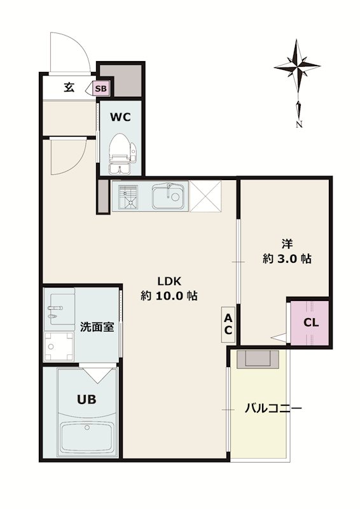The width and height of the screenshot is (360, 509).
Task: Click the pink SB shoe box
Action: click(x=100, y=88)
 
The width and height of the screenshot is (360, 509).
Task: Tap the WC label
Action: click(x=120, y=117)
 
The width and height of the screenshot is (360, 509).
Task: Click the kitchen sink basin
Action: click(x=170, y=197)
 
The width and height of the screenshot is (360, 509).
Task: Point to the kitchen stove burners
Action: click(x=128, y=197)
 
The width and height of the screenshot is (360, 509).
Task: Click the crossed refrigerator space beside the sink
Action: click(x=205, y=197)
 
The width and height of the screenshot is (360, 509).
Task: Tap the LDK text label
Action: click(x=169, y=281)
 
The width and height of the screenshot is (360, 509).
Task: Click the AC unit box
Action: click(x=228, y=324)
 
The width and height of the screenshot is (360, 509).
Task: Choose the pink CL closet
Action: click(x=310, y=323)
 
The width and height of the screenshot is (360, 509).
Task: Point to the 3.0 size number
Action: click(x=287, y=259)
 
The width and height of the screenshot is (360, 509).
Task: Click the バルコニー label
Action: click(x=273, y=408)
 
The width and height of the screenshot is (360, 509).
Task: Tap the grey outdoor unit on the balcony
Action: click(x=258, y=359)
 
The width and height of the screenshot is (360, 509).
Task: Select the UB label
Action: click(x=87, y=400)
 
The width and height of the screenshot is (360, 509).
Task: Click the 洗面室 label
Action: click(x=97, y=327)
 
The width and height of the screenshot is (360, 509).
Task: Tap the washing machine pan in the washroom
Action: click(x=59, y=346)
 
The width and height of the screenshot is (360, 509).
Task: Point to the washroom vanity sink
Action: click(x=59, y=310)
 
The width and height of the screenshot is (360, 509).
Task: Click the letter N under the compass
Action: click(x=300, y=124)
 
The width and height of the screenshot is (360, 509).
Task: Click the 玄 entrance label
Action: click(x=69, y=87)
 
